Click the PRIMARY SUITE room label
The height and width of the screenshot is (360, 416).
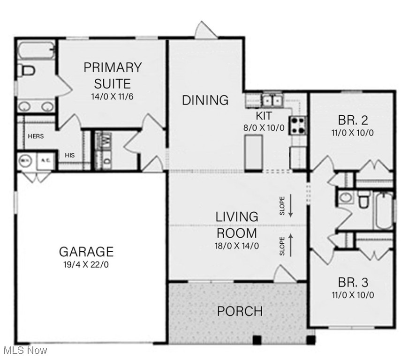pos(112,75)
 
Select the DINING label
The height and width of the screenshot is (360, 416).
pos(205,100)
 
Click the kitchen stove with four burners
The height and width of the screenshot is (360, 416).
pos(297,125)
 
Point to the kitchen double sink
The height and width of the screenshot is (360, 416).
pos(272,100)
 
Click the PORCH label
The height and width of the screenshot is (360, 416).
pos(240,311)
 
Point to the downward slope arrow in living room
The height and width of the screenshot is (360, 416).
pos(291,207)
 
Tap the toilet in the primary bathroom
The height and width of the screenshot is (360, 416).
pos(27,71)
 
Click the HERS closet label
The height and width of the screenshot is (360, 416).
pos(36,136)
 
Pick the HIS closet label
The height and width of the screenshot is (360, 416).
pos(70,155)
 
